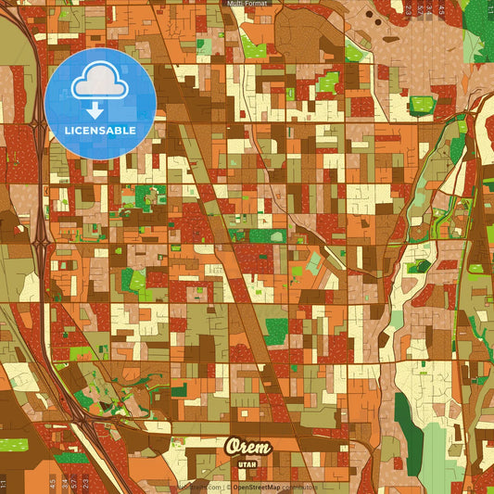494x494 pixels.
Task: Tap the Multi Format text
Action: pyautogui.click(x=247, y=4)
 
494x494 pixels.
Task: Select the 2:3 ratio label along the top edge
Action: pyautogui.click(x=408, y=8)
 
